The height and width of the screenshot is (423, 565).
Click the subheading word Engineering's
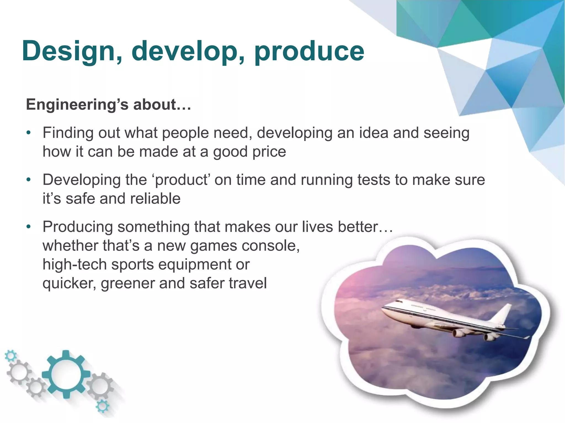click(77, 105)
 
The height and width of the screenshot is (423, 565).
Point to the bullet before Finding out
click(28, 133)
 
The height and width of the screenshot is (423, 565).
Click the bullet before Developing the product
click(28, 180)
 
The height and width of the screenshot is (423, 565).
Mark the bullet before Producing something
click(28, 227)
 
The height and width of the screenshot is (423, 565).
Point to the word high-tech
click(74, 265)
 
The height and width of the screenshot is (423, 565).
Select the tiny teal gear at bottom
click(102, 406)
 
